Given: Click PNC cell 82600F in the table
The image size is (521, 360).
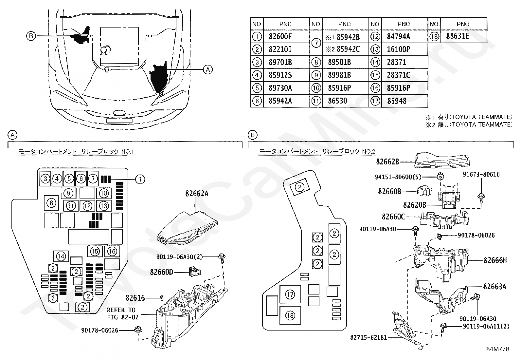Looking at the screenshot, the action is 280,36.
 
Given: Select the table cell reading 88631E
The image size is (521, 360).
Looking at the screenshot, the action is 458,36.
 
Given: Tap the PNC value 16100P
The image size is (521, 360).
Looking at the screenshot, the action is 398,49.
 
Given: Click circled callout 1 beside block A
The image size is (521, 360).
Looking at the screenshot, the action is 140,179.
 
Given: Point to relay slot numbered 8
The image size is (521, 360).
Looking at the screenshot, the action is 51,203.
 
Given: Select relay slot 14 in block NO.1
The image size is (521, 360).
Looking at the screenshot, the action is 61,256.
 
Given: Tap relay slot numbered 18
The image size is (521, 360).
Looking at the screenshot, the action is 290,315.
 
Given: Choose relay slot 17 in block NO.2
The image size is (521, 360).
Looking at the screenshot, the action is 290,294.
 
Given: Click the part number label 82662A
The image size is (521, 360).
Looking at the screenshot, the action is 197,194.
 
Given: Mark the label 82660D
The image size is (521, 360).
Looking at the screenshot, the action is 161,272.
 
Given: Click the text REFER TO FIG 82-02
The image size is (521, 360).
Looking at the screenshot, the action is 123,313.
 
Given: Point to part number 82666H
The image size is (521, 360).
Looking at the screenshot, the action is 495,260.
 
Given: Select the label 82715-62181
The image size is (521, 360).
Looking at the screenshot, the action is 368,337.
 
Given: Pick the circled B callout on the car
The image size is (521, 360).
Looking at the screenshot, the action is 31,36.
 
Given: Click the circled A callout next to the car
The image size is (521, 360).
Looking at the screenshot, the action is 208,69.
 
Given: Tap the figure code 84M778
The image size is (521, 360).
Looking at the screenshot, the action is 498,349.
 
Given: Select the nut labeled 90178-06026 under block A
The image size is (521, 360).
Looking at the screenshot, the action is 138,330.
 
